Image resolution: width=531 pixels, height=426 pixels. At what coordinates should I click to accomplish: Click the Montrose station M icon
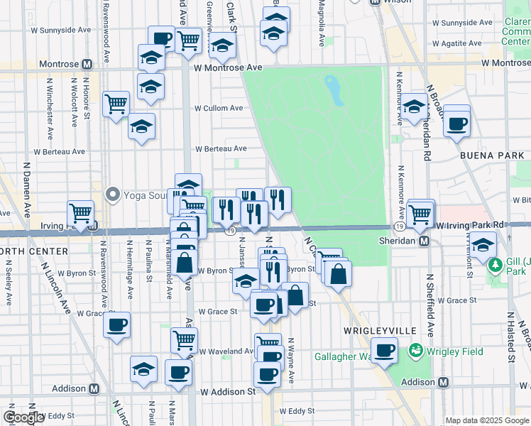(x=87, y=64)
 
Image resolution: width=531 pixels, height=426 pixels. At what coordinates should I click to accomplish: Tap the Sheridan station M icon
(x=425, y=241)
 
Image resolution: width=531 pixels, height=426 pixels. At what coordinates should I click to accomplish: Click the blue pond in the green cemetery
(x=332, y=89)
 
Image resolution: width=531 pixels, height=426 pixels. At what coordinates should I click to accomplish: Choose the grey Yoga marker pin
(x=111, y=194)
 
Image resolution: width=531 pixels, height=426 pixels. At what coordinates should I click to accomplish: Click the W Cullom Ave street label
(x=219, y=109)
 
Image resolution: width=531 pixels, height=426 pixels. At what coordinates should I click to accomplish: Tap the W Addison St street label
(x=227, y=391)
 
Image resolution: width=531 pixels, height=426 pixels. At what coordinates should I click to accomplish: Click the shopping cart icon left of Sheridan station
(x=421, y=212)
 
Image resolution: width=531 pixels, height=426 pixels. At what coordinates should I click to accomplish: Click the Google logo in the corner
(x=23, y=417)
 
